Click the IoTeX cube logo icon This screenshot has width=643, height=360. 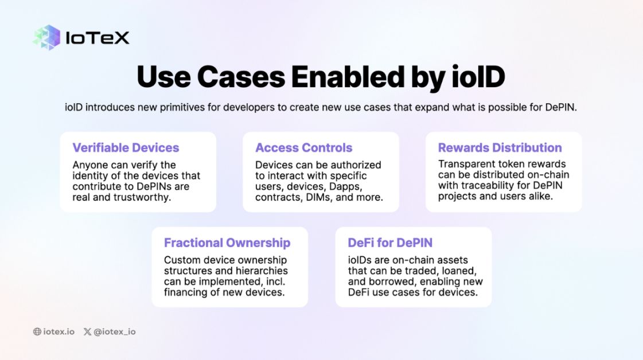click(46, 37)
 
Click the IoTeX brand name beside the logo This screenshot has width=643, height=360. click(98, 38)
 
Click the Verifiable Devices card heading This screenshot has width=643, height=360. click(126, 147)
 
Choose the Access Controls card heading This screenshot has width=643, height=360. click(304, 147)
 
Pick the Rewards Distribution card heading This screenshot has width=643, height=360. click(500, 147)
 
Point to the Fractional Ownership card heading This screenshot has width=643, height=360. click(227, 242)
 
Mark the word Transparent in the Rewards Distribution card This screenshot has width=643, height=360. click(466, 165)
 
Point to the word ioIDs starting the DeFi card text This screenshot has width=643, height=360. click(361, 260)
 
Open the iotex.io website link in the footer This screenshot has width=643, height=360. click(59, 331)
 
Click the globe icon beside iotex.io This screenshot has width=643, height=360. click(37, 331)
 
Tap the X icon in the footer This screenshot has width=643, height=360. click(87, 331)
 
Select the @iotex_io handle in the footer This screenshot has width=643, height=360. click(115, 331)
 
